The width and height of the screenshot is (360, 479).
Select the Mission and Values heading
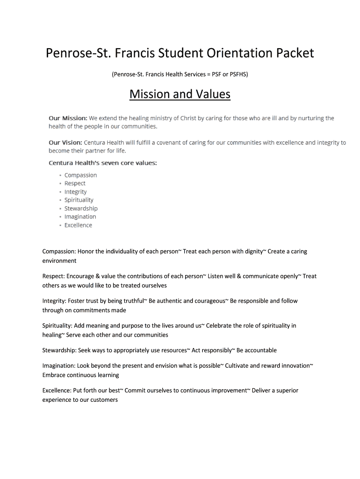180,94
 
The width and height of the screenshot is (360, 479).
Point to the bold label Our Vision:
65,143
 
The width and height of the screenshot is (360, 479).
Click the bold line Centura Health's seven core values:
103,163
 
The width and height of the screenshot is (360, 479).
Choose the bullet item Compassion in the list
80,175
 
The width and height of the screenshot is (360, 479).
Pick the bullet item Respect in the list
75,183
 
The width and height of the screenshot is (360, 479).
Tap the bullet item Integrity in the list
75,192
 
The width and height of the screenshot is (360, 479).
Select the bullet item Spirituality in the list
79,200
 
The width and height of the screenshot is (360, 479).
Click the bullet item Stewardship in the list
81,209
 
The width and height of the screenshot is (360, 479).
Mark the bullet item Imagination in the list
80,217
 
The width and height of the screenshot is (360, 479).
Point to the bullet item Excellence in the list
78,225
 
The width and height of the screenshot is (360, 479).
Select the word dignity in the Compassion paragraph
255,252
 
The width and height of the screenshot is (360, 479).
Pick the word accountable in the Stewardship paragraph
259,350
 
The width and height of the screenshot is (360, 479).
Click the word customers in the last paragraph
104,400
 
